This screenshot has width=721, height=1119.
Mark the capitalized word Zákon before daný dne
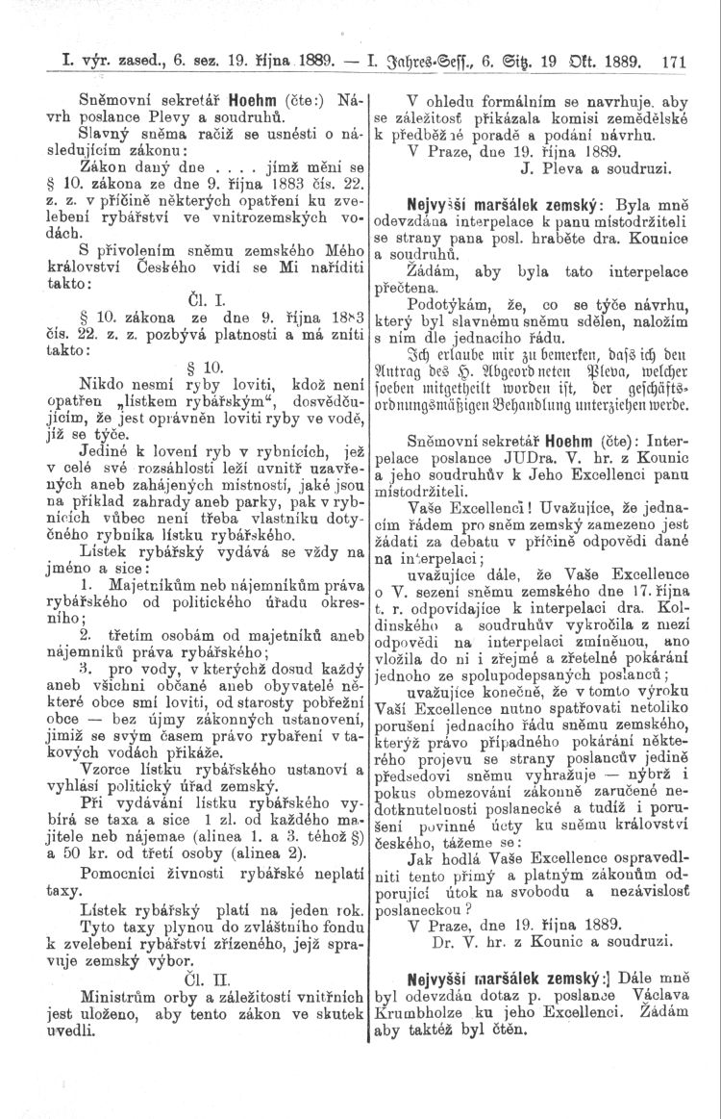pyautogui.click(x=107, y=165)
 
